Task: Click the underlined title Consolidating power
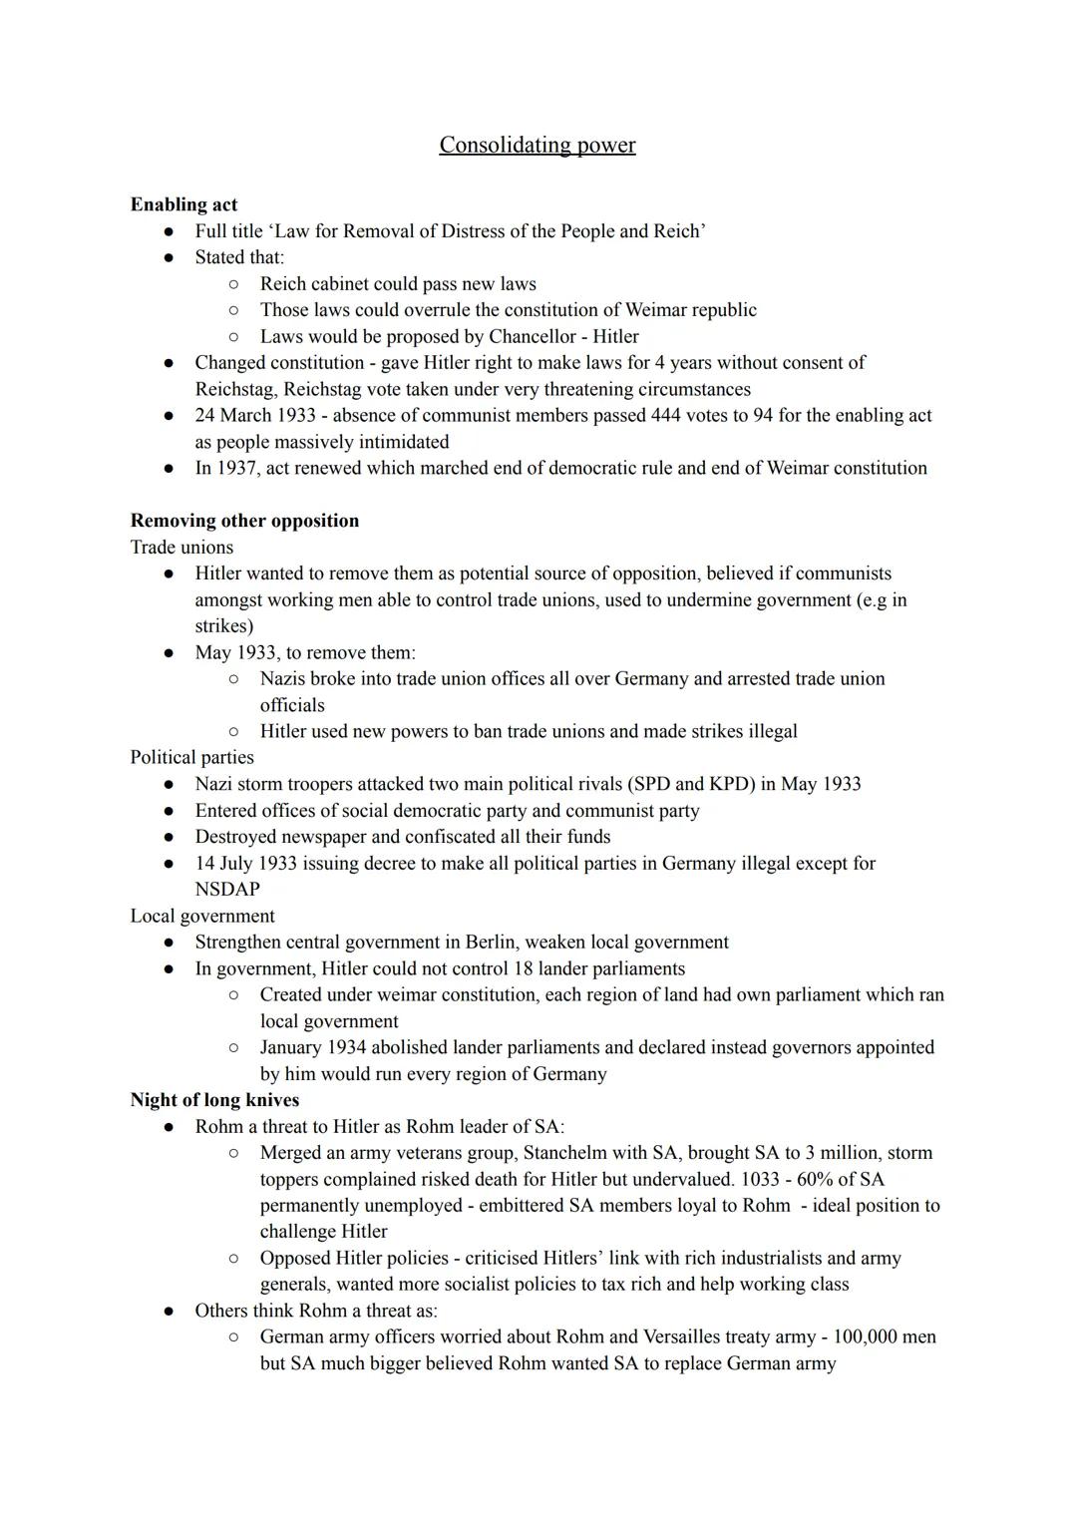pyautogui.click(x=537, y=146)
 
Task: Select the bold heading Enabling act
pyautogui.click(x=183, y=204)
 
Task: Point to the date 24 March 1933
pyautogui.click(x=254, y=415)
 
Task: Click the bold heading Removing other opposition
pyautogui.click(x=244, y=521)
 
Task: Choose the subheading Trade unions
pyautogui.click(x=181, y=548)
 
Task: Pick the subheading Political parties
pyautogui.click(x=191, y=757)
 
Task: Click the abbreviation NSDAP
pyautogui.click(x=227, y=890)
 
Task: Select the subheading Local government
pyautogui.click(x=202, y=916)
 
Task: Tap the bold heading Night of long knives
pyautogui.click(x=214, y=1100)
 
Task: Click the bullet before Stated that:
pyautogui.click(x=171, y=257)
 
